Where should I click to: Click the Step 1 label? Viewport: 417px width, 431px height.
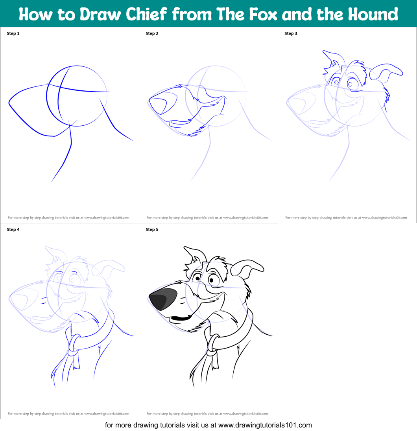point(13,33)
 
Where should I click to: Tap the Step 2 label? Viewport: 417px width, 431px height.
point(152,33)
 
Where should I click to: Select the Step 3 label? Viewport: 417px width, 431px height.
point(291,33)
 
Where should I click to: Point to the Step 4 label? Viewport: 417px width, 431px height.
point(13,229)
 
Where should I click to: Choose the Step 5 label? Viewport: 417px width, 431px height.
point(152,229)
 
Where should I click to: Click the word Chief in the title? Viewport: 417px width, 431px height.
point(146,14)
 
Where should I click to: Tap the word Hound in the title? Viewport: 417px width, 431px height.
point(373,14)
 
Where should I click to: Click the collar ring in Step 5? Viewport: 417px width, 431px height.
point(211,344)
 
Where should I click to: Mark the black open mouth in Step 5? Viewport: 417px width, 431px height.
point(180,319)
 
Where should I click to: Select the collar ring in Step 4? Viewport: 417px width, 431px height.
point(73,343)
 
